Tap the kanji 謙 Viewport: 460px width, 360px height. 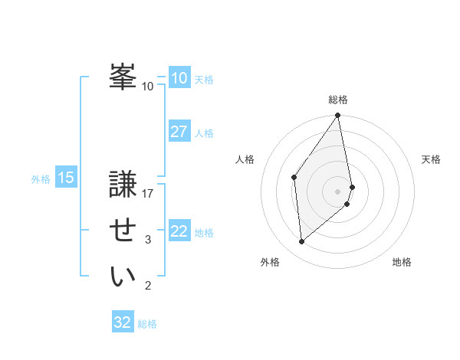123,185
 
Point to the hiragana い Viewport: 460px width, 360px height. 123,277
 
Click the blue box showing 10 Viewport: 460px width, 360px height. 179,78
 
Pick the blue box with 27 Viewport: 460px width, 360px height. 179,132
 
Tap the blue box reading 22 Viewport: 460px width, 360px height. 179,231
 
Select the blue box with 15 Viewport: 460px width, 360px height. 66,178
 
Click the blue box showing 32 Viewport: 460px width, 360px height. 122,322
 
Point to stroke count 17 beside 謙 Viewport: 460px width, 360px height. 148,194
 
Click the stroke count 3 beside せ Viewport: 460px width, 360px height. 148,240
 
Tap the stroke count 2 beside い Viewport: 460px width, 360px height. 148,286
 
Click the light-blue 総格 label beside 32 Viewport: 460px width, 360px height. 147,324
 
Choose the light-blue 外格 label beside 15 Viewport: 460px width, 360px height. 41,179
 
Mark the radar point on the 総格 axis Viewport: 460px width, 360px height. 337,116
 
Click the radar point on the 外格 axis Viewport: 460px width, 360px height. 301,242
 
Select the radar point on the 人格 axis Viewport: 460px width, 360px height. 294,177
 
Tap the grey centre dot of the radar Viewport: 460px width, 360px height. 337,191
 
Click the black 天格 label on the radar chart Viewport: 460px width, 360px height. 431,159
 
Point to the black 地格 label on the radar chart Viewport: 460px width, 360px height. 402,262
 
